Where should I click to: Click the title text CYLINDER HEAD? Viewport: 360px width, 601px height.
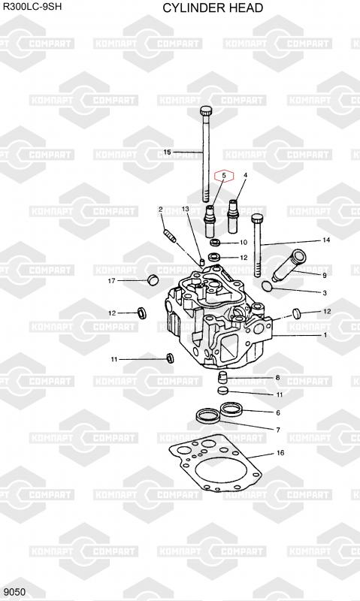coord(213,8)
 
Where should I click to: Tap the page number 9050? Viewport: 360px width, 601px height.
coord(15,592)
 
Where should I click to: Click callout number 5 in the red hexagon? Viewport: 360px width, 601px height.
coord(224,176)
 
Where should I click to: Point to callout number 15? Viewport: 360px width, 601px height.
coord(167,153)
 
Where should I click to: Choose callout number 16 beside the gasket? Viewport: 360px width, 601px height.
coord(280,453)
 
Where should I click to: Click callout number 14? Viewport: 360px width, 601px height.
coord(326,240)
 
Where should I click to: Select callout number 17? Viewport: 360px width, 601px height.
coord(111,281)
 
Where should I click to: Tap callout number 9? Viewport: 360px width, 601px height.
coord(325,275)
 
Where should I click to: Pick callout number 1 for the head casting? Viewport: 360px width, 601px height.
coord(325,335)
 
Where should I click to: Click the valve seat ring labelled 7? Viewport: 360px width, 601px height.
coord(207,415)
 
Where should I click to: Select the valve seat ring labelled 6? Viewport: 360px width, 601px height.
coord(231,409)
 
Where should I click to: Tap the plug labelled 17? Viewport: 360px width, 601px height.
coord(153,279)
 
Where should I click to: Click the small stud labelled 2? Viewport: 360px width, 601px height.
coord(170,235)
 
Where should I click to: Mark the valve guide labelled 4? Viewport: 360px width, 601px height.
coord(233,216)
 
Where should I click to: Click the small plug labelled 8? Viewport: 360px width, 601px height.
coord(222,377)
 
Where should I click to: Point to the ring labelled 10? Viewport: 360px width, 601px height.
coord(216,242)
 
